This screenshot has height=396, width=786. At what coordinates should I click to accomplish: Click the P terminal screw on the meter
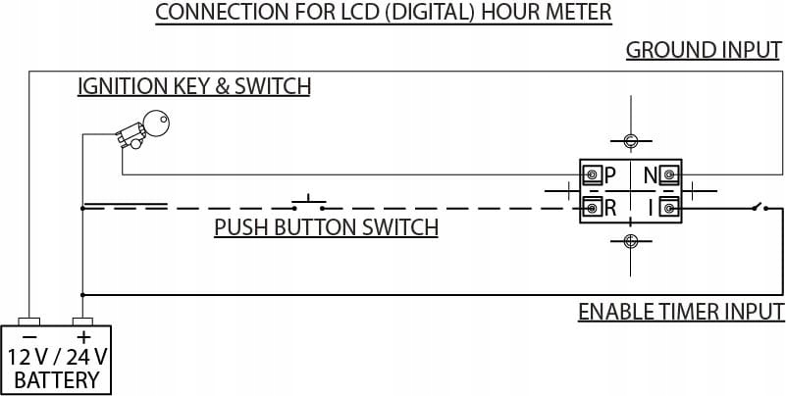point(593,174)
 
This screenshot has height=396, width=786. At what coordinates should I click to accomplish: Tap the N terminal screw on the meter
point(668,174)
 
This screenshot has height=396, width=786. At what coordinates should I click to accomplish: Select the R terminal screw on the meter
point(593,207)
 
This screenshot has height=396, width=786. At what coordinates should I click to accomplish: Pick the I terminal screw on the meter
point(668,207)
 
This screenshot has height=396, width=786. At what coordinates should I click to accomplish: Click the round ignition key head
point(156,123)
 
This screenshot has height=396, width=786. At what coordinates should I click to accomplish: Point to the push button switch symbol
point(309,203)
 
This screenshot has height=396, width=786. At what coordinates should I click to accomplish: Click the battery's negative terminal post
point(28,321)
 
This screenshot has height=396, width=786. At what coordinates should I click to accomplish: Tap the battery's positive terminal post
point(82,321)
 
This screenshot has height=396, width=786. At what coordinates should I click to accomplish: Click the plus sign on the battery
point(83,337)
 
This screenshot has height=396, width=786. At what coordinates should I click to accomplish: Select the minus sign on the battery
point(30,337)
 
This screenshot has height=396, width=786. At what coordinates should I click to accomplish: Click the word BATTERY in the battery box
point(57,380)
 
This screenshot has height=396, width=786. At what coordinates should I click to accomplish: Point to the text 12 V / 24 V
point(57,358)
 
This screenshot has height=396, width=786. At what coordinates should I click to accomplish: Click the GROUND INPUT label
point(704,50)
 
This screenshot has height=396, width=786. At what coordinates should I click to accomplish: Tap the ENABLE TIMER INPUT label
point(681,312)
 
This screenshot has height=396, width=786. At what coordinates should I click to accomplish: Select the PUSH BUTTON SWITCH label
point(327,227)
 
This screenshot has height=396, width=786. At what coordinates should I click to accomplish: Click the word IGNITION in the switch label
point(123,86)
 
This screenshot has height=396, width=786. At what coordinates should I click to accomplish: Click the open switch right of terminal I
point(760,206)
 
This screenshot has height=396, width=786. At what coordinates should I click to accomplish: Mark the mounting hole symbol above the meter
point(631,141)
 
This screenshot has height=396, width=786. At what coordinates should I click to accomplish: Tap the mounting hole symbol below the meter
point(631,241)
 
